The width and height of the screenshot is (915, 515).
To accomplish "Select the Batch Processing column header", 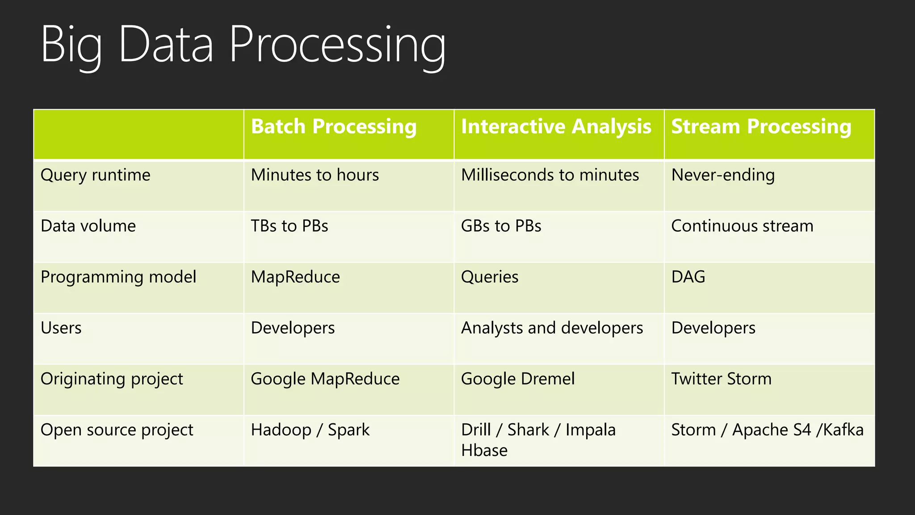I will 333,127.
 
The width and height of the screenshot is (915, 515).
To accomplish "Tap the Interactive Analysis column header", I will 556,127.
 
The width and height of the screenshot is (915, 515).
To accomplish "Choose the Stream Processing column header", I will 761,127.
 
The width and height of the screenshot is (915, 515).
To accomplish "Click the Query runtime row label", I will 95,175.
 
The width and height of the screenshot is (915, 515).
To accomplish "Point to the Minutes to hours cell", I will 315,175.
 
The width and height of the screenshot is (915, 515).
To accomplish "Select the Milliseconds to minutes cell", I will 550,175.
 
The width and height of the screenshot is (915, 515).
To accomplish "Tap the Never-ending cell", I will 722,175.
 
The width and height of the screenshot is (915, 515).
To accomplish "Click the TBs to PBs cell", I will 289,226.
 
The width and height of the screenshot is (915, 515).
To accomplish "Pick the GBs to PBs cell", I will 501,226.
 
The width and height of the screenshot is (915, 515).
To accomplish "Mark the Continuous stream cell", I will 742,226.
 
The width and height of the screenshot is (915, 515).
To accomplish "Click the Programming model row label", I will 118,277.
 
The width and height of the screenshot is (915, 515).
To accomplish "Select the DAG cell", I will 688,277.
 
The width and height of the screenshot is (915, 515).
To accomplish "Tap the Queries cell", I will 489,277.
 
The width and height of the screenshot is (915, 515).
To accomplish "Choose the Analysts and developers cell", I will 552,328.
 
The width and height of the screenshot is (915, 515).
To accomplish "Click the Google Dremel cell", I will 517,379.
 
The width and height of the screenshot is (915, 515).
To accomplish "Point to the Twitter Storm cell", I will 721,379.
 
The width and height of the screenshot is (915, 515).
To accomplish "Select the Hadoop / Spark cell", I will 310,430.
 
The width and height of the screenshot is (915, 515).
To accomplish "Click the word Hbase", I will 484,451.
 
